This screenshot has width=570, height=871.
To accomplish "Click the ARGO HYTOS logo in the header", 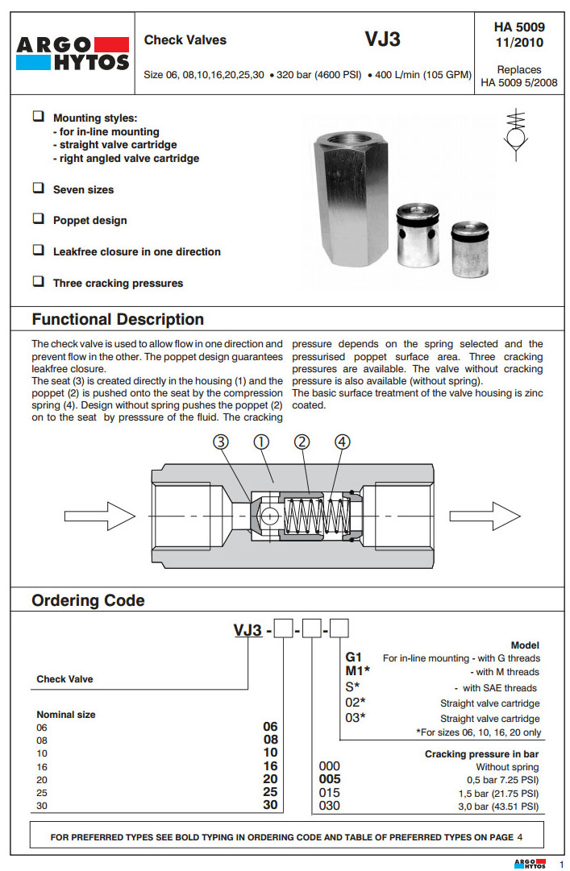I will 73,53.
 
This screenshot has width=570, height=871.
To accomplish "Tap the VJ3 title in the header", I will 383,39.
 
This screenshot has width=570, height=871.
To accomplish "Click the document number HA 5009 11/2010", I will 518,35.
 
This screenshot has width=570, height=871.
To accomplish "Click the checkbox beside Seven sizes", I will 38,188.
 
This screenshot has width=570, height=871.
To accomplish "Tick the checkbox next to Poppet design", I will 38,218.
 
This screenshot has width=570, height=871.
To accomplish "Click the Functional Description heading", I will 118,319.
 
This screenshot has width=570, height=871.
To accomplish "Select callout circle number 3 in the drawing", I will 222,442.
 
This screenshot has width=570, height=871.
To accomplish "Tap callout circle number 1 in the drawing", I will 262,442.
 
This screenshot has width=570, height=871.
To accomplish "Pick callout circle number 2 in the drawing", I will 302,442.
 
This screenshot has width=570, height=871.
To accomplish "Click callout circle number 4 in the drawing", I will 343,442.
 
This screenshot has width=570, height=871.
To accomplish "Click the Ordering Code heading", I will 88,600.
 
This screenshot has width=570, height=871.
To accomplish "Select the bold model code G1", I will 353,657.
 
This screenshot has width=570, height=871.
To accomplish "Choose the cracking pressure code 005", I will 331,779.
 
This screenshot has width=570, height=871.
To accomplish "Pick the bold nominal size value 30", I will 271,805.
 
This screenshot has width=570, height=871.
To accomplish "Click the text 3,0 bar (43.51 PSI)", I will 497,806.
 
